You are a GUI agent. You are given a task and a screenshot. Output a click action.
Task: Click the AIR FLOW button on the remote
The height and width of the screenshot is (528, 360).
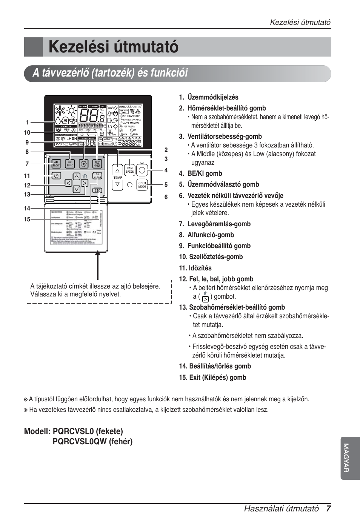(x=56, y=164)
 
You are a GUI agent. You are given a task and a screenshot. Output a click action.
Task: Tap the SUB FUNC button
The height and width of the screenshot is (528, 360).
(x=70, y=164)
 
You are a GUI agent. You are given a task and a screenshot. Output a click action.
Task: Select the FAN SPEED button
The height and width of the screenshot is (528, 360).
(x=130, y=170)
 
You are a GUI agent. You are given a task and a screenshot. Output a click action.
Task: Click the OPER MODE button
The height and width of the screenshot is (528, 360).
(x=142, y=185)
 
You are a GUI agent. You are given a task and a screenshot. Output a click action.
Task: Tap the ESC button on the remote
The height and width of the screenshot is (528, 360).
(x=97, y=190)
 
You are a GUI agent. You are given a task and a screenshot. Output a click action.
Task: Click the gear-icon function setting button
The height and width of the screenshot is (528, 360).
(x=84, y=164)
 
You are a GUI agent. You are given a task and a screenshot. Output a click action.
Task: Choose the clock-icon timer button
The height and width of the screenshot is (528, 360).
(x=56, y=176)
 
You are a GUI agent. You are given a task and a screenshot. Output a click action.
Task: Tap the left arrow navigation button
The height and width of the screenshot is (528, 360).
(x=68, y=183)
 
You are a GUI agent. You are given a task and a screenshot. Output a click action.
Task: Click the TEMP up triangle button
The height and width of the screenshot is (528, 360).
(x=117, y=170)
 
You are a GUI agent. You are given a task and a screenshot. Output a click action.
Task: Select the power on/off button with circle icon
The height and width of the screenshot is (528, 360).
(x=142, y=170)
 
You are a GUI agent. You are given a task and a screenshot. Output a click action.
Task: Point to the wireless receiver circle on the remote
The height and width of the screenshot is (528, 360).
(x=130, y=185)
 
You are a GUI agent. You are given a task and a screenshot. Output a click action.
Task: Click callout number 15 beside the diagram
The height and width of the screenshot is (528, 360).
(x=27, y=219)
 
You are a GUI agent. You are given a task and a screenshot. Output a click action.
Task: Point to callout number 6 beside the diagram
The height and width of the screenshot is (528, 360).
(x=166, y=197)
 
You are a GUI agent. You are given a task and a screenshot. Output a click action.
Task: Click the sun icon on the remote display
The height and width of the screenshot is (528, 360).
(x=71, y=110)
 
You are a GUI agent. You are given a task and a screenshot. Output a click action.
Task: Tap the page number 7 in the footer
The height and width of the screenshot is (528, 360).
(x=328, y=508)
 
